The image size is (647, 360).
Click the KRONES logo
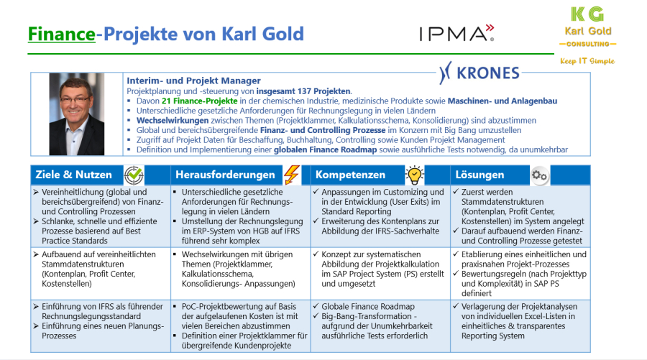tap(479, 73)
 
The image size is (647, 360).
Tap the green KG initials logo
tap(586, 14)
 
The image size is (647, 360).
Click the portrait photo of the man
tap(77, 115)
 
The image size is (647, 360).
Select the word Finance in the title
tap(62, 33)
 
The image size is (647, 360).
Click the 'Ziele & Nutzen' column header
tap(75, 175)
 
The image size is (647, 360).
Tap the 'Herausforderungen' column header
tap(224, 175)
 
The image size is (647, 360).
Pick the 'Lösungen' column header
tap(479, 175)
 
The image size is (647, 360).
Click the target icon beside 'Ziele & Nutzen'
tap(134, 175)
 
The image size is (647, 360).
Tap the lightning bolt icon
tap(291, 175)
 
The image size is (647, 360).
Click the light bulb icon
tap(415, 175)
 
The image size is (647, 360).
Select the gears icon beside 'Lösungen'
tap(539, 175)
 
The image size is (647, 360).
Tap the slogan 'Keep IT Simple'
tap(587, 61)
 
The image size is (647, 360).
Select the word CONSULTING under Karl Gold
tap(587, 44)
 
